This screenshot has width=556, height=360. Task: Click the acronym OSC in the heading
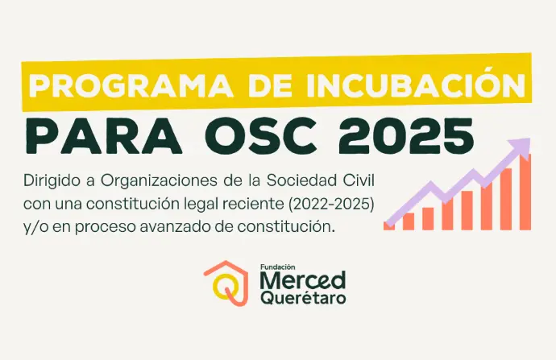pos(260,136)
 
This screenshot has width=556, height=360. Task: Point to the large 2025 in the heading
pos(406,136)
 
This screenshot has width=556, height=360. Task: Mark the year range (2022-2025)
pos(331,205)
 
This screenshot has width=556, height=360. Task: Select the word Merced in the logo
pos(303,280)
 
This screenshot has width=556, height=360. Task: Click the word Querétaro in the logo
pos(303,298)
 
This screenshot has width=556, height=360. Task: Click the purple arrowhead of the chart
pos(520,146)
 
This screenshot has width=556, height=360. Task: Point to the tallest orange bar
pos(525,192)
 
